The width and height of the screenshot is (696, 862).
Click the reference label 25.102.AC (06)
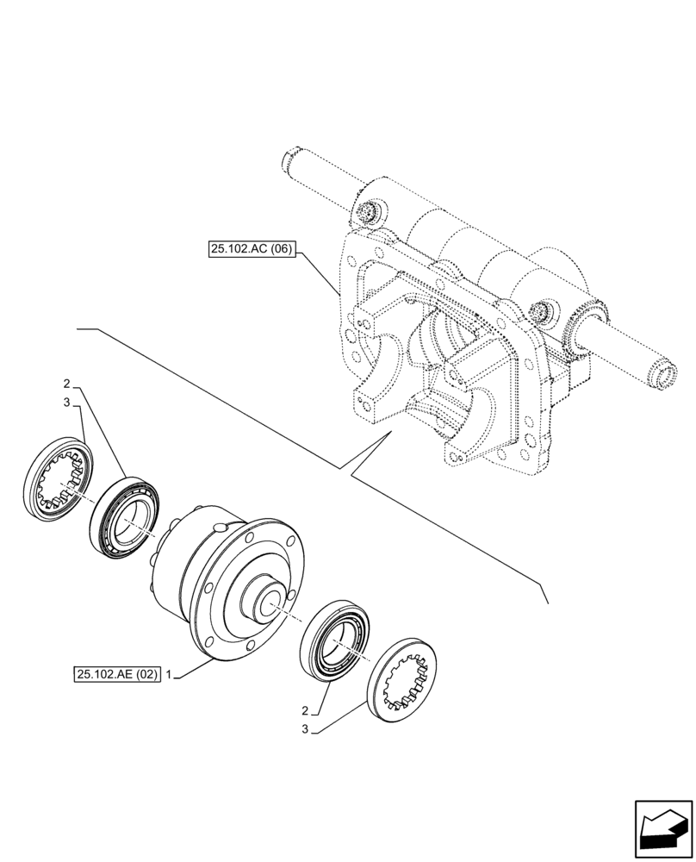pyautogui.click(x=252, y=251)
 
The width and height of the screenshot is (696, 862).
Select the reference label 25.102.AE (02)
pyautogui.click(x=117, y=675)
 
